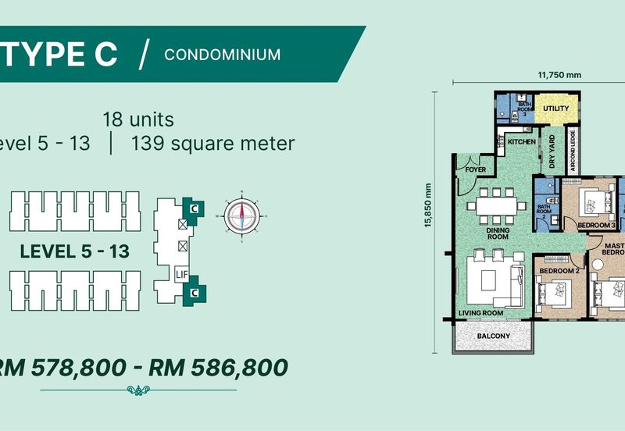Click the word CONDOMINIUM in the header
(223, 54)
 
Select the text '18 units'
(137, 120)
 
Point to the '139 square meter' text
(213, 144)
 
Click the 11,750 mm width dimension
(559, 75)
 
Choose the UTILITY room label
(555, 108)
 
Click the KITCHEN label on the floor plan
(521, 142)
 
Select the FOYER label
(476, 169)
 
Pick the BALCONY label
(494, 337)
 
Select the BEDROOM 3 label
(597, 225)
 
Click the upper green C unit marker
(195, 208)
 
